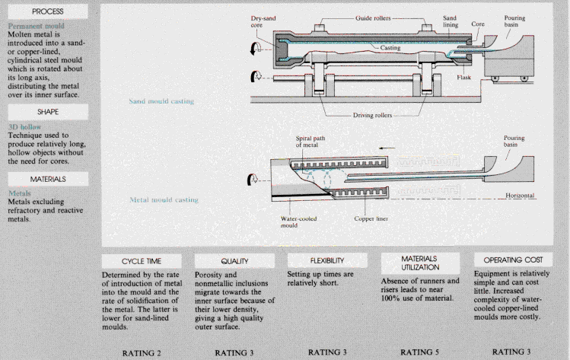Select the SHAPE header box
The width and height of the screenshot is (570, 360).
pos(46,110)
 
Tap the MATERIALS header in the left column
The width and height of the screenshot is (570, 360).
pos(46,179)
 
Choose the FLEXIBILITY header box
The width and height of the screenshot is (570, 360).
pos(322,260)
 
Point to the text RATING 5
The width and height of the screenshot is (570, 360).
pos(416,352)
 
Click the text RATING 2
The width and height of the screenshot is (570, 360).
pos(143,352)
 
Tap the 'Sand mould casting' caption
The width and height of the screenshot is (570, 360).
pos(161,100)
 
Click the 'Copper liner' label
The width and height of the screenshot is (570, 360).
pos(371,218)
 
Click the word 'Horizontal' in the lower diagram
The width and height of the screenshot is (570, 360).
pos(521,196)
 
